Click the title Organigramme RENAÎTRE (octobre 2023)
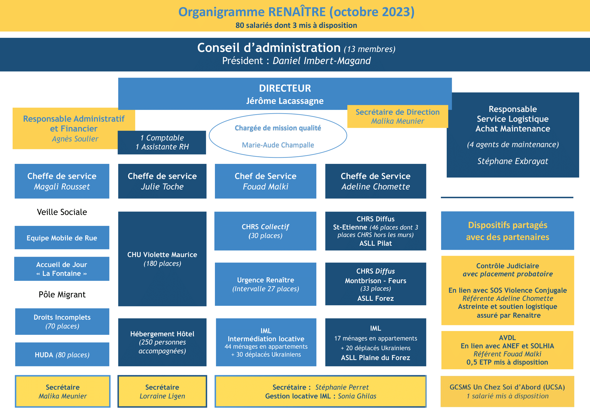[x=296, y=12]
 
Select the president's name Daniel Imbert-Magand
[x=321, y=61]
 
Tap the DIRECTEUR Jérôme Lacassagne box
[x=285, y=94]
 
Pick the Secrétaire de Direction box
[x=398, y=116]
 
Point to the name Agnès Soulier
[x=75, y=139]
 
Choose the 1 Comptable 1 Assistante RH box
[x=162, y=142]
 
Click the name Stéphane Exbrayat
[x=513, y=161]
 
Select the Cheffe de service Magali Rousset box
[x=62, y=181]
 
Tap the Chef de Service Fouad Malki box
[x=265, y=181]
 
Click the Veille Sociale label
[x=62, y=212]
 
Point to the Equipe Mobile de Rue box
[x=62, y=237]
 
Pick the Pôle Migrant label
[x=62, y=294]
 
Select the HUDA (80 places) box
[x=62, y=354]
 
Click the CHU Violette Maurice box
[x=162, y=259]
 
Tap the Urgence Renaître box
[x=265, y=284]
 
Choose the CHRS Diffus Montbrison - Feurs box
[x=376, y=284]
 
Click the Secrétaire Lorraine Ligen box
[x=162, y=391]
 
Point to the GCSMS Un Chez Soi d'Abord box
[x=507, y=391]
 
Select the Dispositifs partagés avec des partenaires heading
[x=508, y=231]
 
